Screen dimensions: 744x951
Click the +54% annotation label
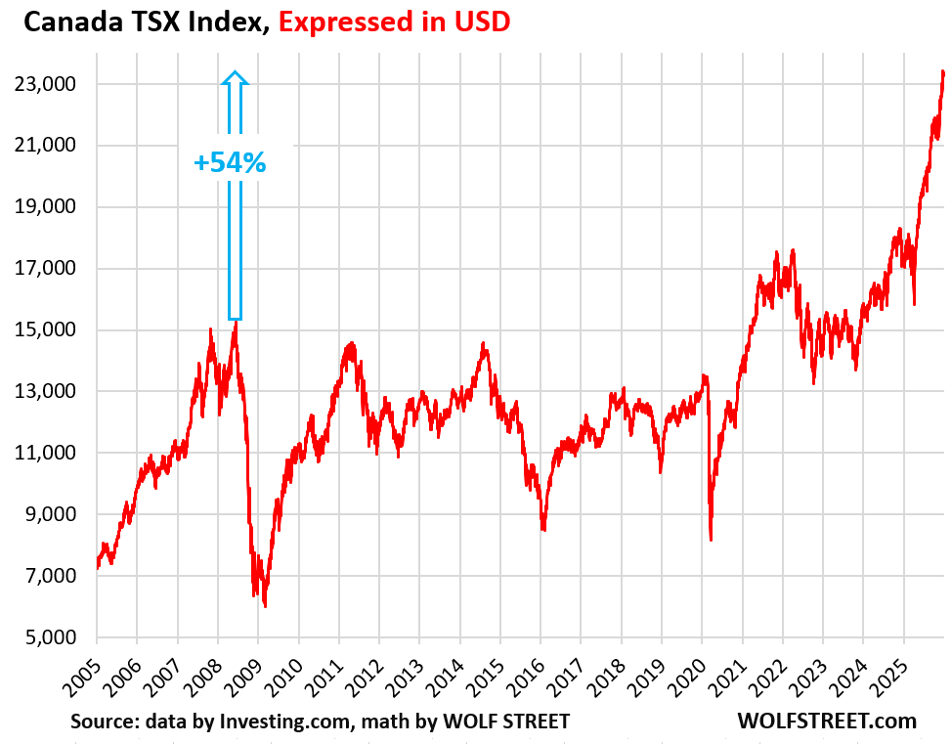coord(230,162)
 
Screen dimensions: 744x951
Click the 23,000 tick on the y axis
coord(47,85)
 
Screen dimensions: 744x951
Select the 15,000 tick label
coord(47,330)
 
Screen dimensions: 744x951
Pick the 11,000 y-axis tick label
coord(47,454)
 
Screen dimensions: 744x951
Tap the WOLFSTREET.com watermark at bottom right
coord(827,722)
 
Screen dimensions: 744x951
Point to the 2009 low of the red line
coord(265,606)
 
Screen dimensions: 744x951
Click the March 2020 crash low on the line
coord(711,540)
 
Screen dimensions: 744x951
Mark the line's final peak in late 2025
coord(942,71)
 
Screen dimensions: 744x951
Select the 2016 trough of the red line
coord(542,530)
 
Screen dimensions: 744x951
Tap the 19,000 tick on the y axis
coord(47,207)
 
